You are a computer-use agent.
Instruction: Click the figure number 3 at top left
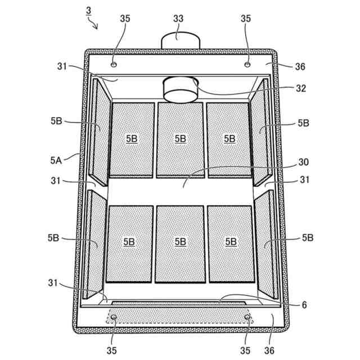(88, 11)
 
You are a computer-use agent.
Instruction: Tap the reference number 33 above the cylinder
(178, 19)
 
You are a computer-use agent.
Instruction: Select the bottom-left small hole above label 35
(114, 318)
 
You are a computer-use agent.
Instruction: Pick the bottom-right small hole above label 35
(246, 318)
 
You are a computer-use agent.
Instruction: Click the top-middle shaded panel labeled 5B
(180, 138)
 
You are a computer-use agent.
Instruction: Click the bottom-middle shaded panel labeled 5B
(180, 243)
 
